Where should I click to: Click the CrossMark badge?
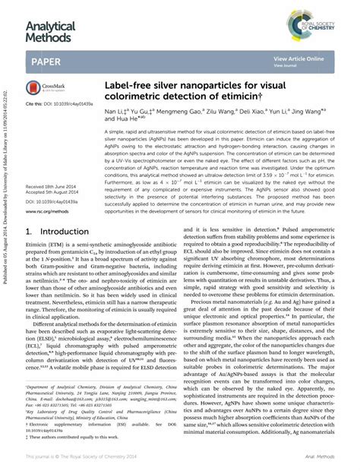(47, 88)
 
